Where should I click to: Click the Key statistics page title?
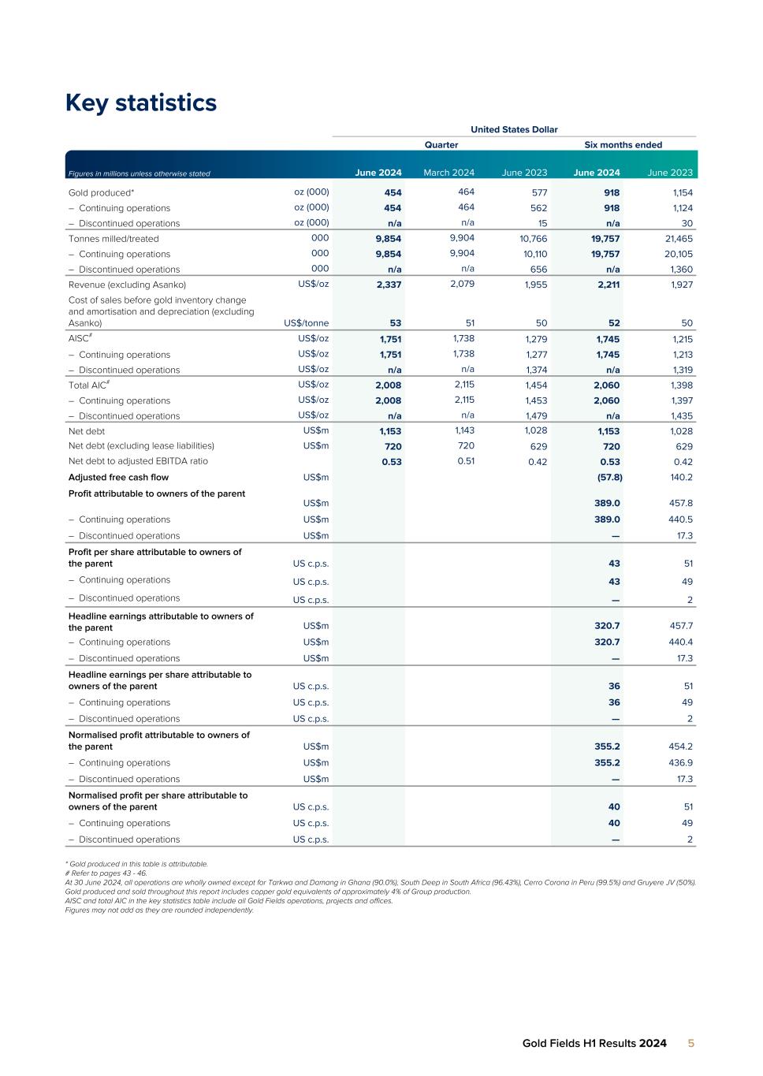click(x=140, y=103)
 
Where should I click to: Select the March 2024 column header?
click(x=448, y=173)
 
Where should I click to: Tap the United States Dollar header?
click(x=514, y=129)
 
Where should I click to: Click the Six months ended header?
click(x=623, y=145)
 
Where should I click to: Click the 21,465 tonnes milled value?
click(x=676, y=239)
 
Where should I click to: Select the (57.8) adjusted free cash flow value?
click(x=608, y=478)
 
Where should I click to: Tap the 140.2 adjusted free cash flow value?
click(x=679, y=478)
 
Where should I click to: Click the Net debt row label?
click(x=87, y=431)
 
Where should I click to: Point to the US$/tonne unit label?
click(x=306, y=323)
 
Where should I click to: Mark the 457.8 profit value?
click(x=679, y=503)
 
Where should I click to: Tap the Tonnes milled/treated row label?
click(x=114, y=239)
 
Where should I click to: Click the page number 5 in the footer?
click(x=691, y=1044)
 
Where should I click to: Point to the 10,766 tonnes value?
click(x=532, y=239)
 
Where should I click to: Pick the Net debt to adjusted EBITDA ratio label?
click(x=138, y=461)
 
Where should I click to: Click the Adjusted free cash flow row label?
click(x=118, y=478)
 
